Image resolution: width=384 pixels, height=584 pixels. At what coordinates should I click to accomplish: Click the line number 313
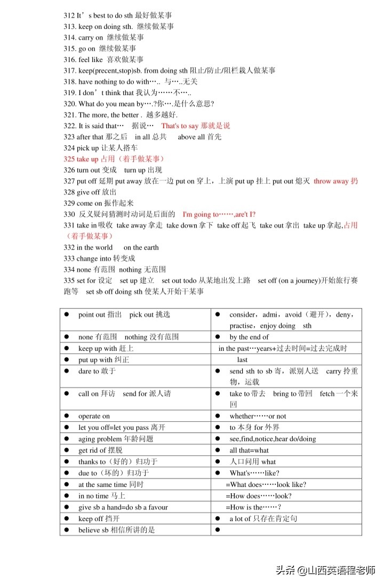click(x=70, y=26)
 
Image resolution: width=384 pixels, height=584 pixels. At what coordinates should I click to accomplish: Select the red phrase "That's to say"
click(x=180, y=126)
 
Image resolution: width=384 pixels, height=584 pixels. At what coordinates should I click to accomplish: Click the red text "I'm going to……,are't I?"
click(x=219, y=214)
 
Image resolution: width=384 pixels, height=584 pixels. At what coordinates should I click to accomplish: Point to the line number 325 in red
click(x=69, y=159)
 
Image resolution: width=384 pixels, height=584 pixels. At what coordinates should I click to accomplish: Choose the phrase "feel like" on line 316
click(x=91, y=59)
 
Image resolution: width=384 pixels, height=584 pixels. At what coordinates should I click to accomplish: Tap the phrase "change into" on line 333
click(x=94, y=258)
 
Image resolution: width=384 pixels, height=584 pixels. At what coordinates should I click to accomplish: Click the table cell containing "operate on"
click(x=135, y=416)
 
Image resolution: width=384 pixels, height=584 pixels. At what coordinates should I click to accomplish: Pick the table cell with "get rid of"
click(x=135, y=450)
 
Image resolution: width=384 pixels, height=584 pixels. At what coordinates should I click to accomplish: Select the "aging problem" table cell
click(x=135, y=438)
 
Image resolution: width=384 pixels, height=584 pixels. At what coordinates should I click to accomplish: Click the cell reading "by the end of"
click(x=286, y=337)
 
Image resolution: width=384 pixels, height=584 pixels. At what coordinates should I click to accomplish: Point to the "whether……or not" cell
click(x=286, y=416)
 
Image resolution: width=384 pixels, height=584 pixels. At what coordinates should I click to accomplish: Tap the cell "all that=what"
click(x=286, y=450)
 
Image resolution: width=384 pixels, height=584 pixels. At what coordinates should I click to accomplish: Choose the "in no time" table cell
click(x=135, y=495)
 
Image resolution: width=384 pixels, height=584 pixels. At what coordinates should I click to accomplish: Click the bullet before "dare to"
click(x=67, y=370)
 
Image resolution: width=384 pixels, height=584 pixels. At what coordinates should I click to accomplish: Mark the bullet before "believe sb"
click(x=67, y=530)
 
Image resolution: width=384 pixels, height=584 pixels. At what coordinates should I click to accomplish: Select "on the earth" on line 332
click(x=141, y=247)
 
